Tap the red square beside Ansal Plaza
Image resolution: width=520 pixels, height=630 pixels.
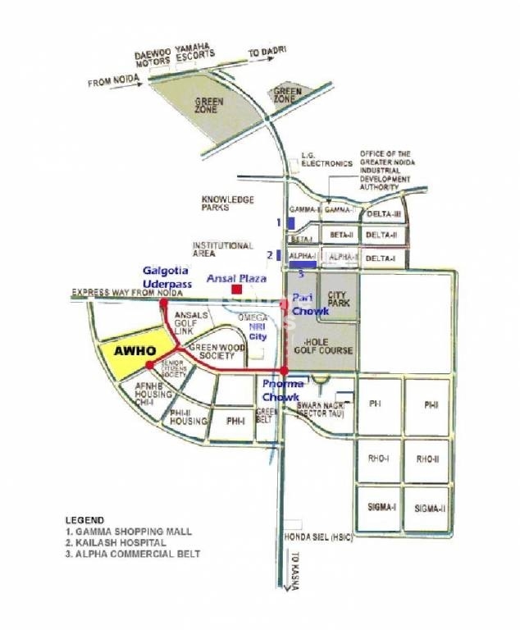point(236,289)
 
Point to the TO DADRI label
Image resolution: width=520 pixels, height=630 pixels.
point(267,52)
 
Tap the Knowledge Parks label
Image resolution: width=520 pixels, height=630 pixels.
point(228,203)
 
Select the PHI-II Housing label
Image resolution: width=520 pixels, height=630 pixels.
point(189,418)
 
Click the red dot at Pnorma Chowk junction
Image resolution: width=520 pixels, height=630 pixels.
point(284,372)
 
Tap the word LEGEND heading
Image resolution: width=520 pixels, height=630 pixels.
point(84,520)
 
